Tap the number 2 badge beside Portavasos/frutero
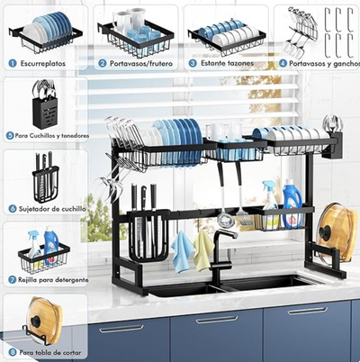[x=103, y=63]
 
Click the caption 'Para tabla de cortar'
[x=51, y=352]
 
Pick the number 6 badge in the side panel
[x=12, y=207]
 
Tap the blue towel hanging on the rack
[x=182, y=252]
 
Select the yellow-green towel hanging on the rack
[x=204, y=249]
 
